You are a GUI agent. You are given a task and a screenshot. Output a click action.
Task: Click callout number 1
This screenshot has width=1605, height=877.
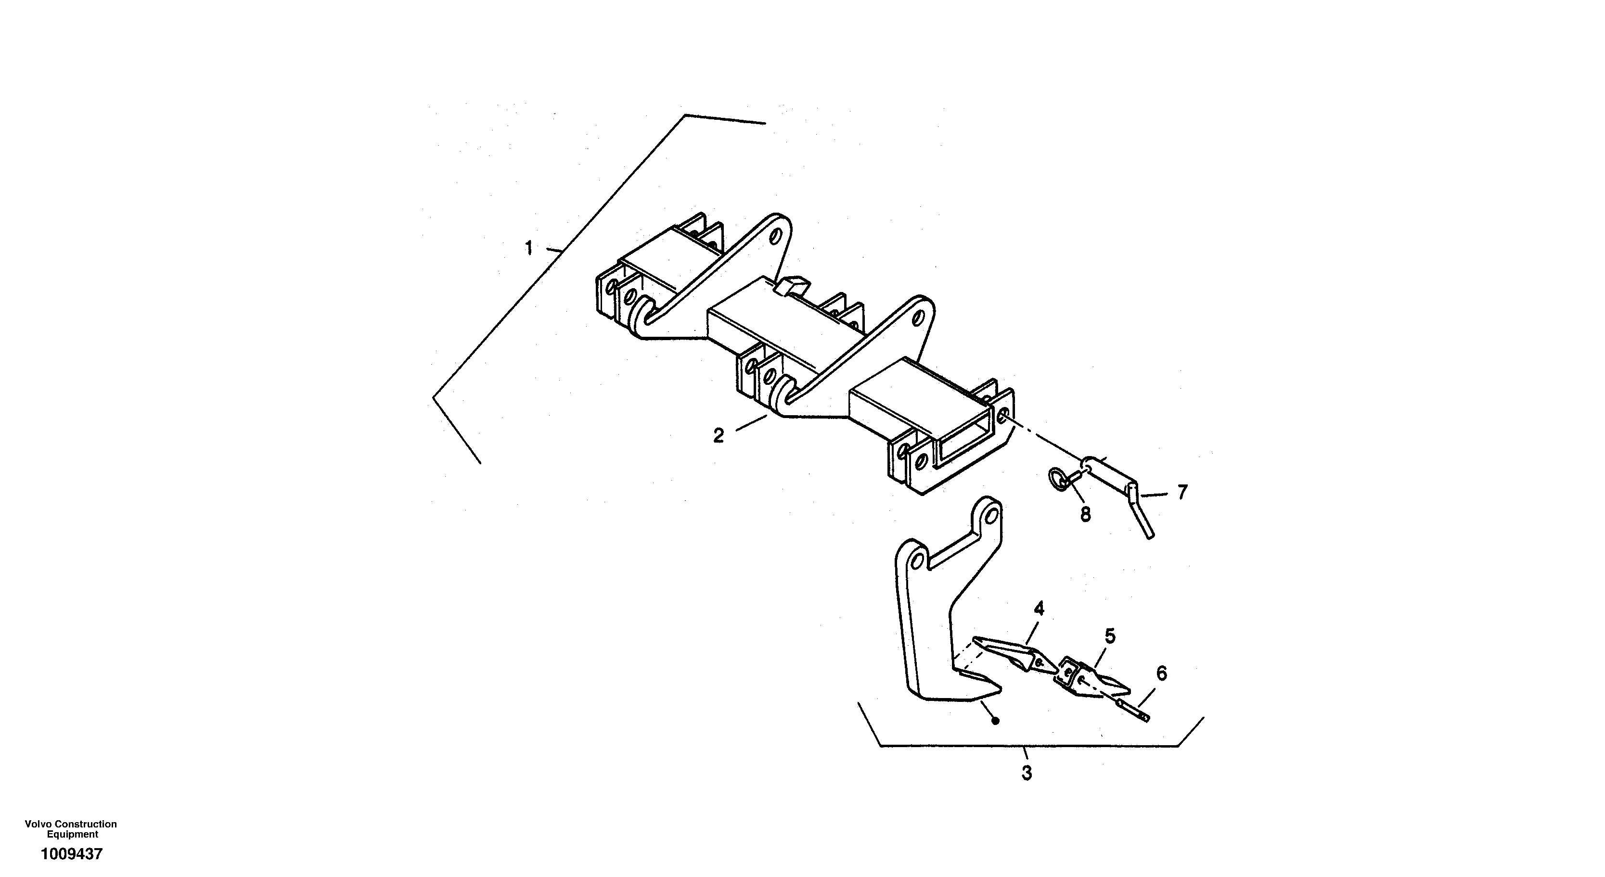click(529, 249)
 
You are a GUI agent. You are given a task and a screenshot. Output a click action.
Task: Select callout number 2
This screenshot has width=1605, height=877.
click(719, 436)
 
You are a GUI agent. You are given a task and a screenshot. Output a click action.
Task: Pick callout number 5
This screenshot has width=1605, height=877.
click(1110, 636)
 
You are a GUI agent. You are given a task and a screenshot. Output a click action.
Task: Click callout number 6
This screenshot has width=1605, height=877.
click(1161, 674)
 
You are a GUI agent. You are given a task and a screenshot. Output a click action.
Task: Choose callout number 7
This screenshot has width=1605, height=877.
click(1182, 492)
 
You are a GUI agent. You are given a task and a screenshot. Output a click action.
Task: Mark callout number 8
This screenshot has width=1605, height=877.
click(1085, 514)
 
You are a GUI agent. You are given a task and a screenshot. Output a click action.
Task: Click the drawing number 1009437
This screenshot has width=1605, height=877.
click(72, 854)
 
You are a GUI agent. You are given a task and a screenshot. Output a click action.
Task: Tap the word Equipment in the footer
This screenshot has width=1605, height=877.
click(72, 835)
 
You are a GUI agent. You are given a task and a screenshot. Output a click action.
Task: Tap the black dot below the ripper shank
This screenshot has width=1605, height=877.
click(996, 721)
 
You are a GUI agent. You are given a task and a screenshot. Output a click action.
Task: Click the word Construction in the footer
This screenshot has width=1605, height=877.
click(85, 824)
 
